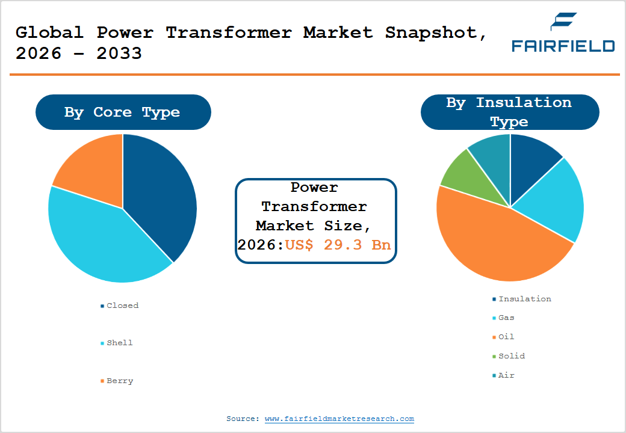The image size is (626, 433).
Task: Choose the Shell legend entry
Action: (119, 343)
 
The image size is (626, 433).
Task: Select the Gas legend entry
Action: (506, 318)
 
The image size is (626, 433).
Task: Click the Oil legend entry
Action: (506, 337)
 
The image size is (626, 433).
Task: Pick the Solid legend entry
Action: (511, 356)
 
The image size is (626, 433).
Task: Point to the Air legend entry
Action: (506, 375)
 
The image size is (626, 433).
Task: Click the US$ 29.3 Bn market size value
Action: (338, 245)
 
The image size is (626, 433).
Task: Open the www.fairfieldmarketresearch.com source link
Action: (339, 419)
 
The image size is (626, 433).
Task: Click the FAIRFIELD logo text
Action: (563, 46)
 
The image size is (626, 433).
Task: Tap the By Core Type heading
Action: (122, 112)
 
